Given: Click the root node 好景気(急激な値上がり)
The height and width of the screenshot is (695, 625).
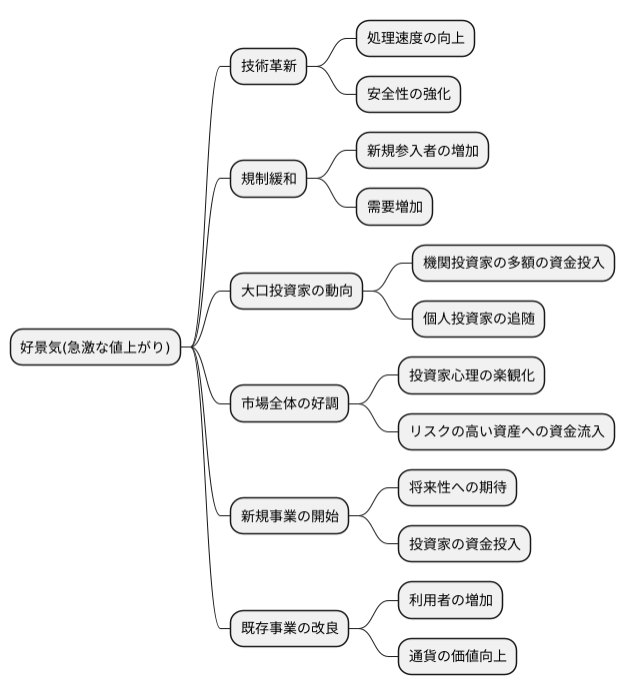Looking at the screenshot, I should [x=95, y=347].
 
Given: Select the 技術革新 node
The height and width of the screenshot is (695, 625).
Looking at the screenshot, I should [x=268, y=67].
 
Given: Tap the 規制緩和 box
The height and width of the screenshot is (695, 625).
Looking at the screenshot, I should [x=268, y=180].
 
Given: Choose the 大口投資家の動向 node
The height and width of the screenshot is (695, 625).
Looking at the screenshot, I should [x=296, y=292].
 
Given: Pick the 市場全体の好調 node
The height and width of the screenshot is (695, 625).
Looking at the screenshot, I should [x=290, y=404].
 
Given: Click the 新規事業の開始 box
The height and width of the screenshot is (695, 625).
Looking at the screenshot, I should [x=290, y=516].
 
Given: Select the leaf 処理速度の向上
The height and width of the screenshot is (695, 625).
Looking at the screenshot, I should [x=415, y=39].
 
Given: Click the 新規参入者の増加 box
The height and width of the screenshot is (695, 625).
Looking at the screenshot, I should [x=422, y=152].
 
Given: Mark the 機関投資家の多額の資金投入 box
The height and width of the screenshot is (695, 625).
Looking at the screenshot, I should [x=513, y=264].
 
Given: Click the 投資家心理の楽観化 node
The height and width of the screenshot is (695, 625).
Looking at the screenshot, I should [x=471, y=375].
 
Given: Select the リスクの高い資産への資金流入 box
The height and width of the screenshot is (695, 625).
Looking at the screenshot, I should [x=506, y=432].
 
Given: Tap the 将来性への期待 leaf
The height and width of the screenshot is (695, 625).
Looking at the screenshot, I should [x=457, y=488].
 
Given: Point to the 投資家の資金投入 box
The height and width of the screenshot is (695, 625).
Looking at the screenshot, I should [x=464, y=544].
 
